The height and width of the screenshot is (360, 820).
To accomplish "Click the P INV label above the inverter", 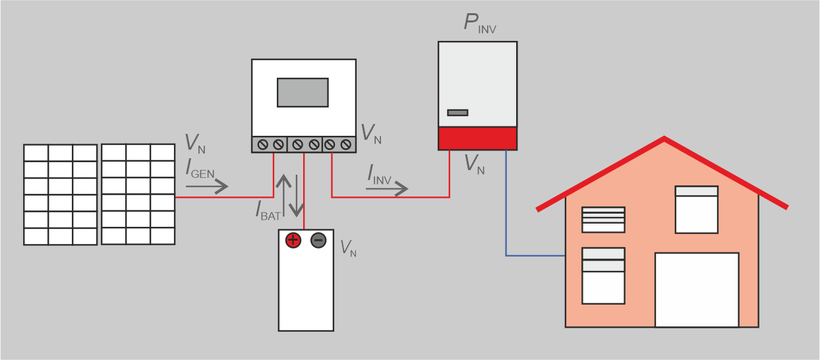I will click(479, 24).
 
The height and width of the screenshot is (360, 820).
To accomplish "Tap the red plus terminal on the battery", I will click(293, 241).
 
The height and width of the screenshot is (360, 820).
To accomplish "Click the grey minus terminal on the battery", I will click(318, 241).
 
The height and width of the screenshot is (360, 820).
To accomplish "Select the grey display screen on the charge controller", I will click(303, 92).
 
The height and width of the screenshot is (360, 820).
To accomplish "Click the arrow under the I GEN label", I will click(206, 187).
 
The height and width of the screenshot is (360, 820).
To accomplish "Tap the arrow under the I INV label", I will click(387, 189).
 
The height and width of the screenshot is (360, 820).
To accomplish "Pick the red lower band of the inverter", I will click(478, 138).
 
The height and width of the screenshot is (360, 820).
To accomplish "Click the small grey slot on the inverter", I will click(457, 113).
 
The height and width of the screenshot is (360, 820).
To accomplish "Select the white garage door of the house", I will click(697, 289).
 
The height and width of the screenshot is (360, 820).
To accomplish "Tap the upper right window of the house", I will click(697, 209).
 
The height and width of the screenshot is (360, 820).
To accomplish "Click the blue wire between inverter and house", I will click(506, 211).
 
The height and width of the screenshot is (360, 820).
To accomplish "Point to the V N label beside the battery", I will click(348, 249).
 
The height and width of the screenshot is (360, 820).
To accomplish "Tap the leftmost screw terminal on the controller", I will click(262, 144).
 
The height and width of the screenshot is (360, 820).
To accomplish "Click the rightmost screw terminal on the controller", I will click(345, 144).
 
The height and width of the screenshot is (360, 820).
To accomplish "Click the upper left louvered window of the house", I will click(603, 220).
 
